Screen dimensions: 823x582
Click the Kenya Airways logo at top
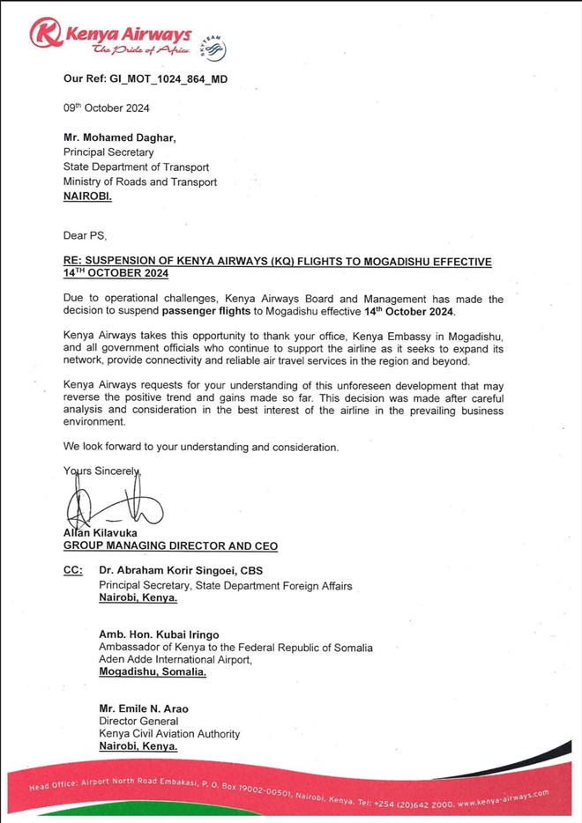(110, 39)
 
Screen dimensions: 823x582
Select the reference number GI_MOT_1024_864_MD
(171, 78)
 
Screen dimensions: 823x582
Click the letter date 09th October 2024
(107, 108)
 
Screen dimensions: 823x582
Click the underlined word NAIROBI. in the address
(88, 196)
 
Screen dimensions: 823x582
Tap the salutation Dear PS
(86, 236)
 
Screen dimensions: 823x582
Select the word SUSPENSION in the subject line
(131, 263)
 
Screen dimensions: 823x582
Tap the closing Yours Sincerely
(102, 471)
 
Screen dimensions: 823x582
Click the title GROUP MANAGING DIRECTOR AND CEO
(170, 546)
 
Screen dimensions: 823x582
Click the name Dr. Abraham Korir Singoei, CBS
(180, 571)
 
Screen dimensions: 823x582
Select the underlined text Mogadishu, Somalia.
(153, 671)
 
